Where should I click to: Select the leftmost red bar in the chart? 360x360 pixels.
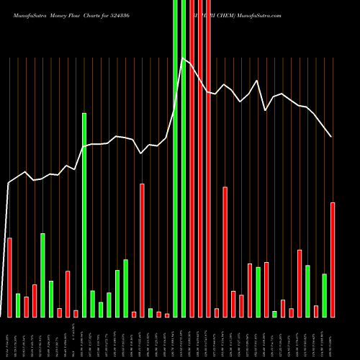(9, 277)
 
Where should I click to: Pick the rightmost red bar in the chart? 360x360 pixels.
(333, 259)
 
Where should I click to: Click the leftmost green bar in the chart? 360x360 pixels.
(18, 305)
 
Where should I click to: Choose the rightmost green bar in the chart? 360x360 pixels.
(324, 295)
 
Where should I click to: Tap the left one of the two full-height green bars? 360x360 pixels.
(175, 158)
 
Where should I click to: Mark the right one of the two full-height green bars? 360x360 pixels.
(184, 158)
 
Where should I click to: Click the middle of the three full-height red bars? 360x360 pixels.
(200, 158)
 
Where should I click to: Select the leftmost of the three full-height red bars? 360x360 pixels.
(192, 158)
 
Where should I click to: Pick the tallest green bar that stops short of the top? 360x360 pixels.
(84, 215)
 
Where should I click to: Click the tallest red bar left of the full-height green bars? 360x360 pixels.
(142, 250)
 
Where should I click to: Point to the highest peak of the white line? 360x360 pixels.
(183, 58)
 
